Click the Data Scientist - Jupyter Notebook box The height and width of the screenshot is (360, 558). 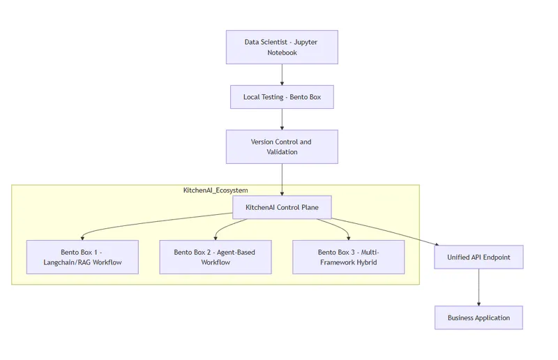[282, 47]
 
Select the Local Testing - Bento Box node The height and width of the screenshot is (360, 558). [282, 97]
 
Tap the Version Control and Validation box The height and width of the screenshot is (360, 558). [282, 147]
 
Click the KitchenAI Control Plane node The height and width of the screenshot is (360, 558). [282, 207]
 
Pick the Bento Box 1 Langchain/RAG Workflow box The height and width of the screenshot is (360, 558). [82, 257]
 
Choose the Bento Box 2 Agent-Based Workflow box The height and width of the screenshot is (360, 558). [216, 257]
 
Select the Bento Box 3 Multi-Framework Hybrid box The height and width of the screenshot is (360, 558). [348, 257]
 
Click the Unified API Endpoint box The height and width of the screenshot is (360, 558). [478, 257]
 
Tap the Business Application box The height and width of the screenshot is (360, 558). [478, 317]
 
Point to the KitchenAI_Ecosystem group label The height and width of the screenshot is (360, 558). [216, 190]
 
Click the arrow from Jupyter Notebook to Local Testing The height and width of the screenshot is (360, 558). [282, 75]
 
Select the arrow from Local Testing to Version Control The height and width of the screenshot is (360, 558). [282, 119]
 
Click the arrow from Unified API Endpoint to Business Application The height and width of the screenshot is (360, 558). [478, 287]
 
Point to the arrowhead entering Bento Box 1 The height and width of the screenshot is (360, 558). [82, 237]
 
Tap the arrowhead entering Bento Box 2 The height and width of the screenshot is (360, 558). [216, 237]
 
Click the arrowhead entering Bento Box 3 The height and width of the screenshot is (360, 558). [348, 237]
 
